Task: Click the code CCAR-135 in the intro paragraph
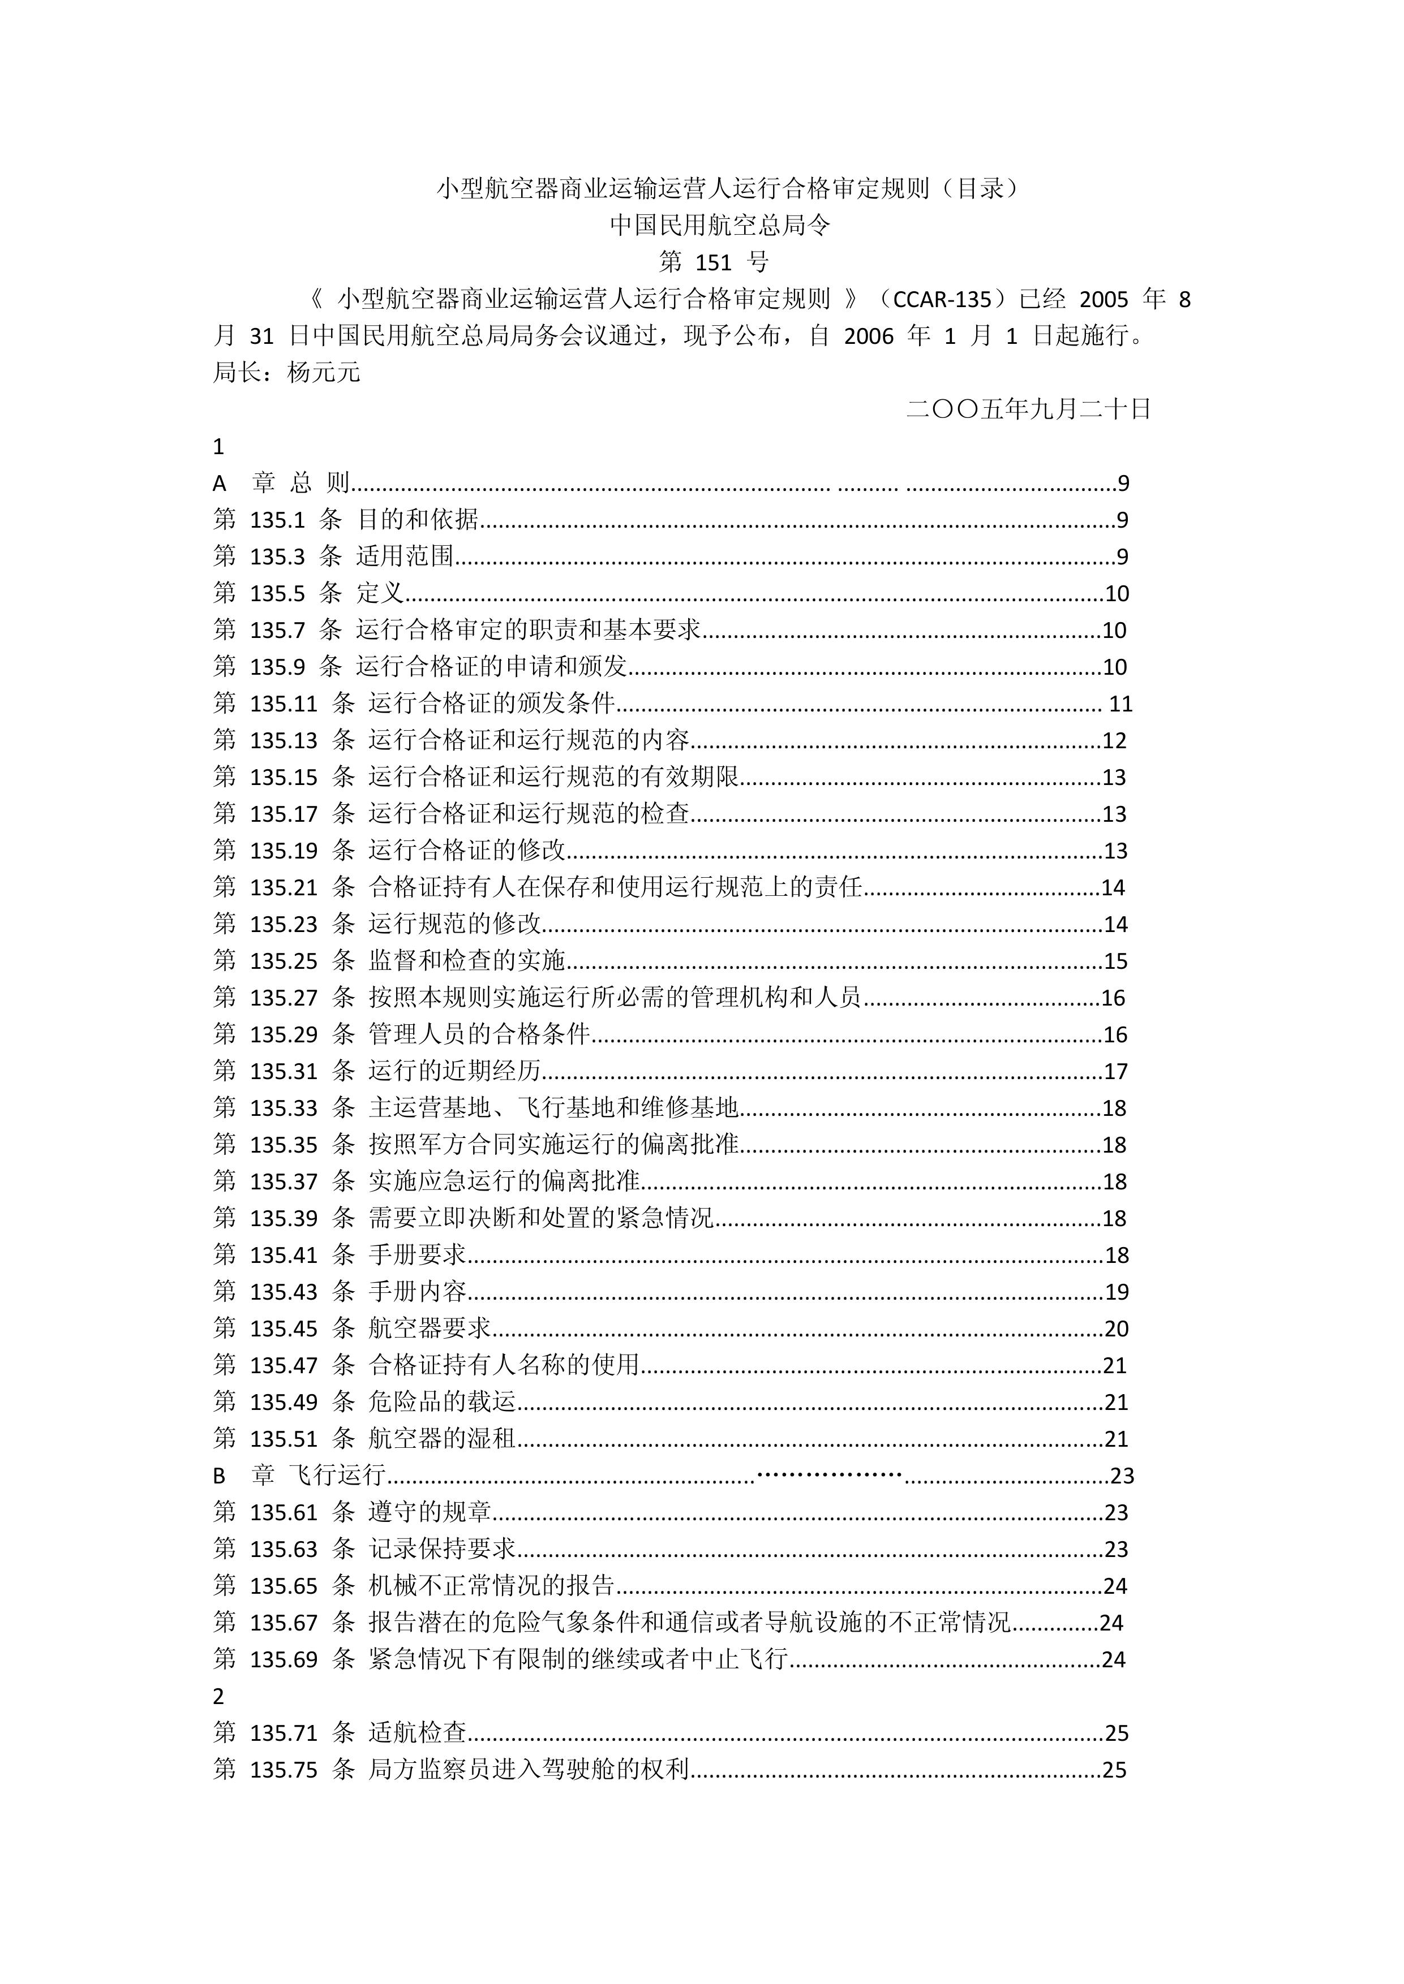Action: coord(942,300)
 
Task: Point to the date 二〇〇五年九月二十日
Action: coord(1029,409)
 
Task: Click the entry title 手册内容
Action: coord(418,1292)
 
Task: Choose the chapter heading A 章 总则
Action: coord(282,483)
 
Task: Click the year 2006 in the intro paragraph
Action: coord(868,336)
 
